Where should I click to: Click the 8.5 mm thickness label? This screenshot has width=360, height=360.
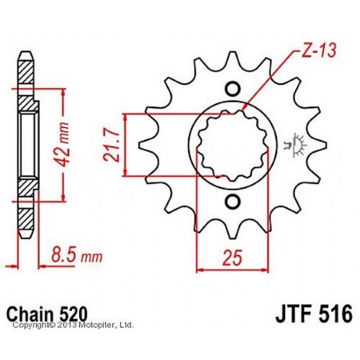pos(70,259)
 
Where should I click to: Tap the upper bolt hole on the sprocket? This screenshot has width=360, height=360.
pos(234,88)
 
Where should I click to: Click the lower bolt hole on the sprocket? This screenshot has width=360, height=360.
pos(234,201)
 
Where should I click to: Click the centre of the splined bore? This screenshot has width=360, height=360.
pos(234,144)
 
